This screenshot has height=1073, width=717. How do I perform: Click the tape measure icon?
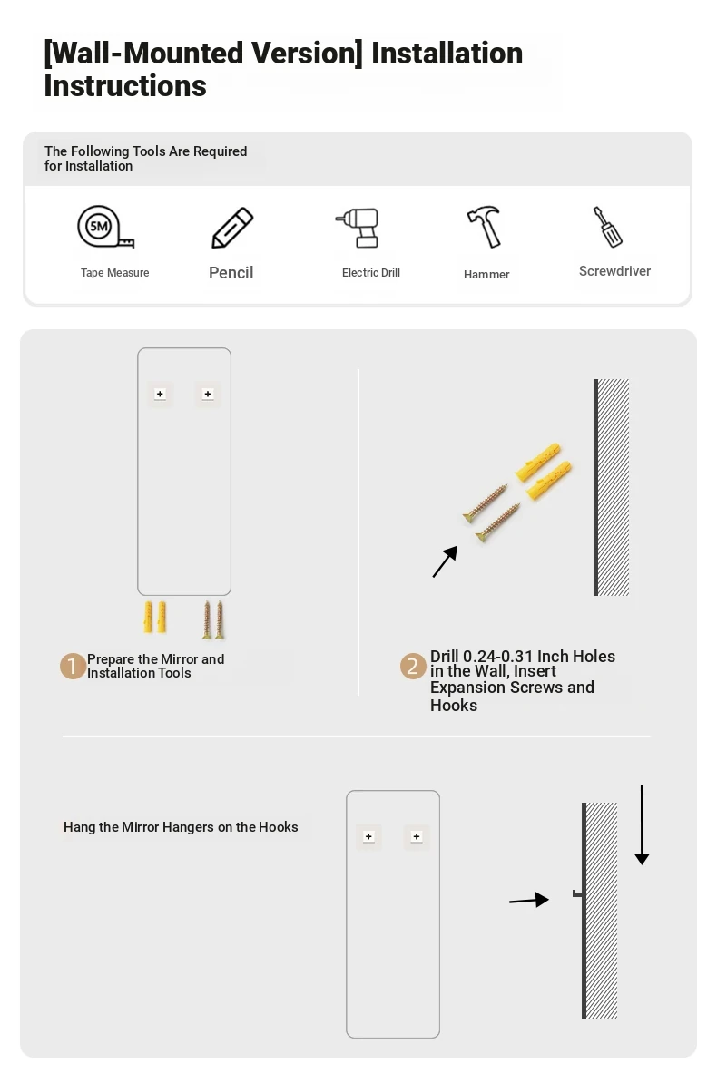pos(104,227)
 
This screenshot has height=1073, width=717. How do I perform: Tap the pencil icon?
pos(232,228)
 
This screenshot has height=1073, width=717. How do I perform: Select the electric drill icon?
pos(358,228)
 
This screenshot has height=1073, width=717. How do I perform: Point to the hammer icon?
pos(484,227)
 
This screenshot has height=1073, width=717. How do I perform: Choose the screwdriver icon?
pos(607,227)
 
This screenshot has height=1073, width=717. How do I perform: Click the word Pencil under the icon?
pos(231,273)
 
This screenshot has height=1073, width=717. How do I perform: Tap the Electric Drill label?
pos(371,272)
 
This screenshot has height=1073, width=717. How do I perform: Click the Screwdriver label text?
pos(615,271)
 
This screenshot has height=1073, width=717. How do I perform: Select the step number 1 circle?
pos(73,666)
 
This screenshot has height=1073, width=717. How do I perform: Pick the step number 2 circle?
pos(413,666)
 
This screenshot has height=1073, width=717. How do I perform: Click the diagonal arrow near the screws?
pos(445,561)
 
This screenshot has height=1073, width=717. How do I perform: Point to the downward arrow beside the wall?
pos(642,824)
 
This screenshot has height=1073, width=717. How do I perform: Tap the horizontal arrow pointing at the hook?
pos(529,900)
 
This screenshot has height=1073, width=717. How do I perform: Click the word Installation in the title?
pos(447,54)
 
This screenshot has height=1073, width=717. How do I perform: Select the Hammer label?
pos(486,275)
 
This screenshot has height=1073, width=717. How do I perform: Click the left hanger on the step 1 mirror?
pos(161,395)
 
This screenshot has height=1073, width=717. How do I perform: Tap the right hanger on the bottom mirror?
pos(417,836)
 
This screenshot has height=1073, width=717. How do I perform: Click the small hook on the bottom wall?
pos(577,893)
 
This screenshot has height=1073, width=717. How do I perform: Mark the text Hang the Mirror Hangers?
pos(139,826)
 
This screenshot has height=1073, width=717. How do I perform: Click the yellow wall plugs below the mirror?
pos(155,618)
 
